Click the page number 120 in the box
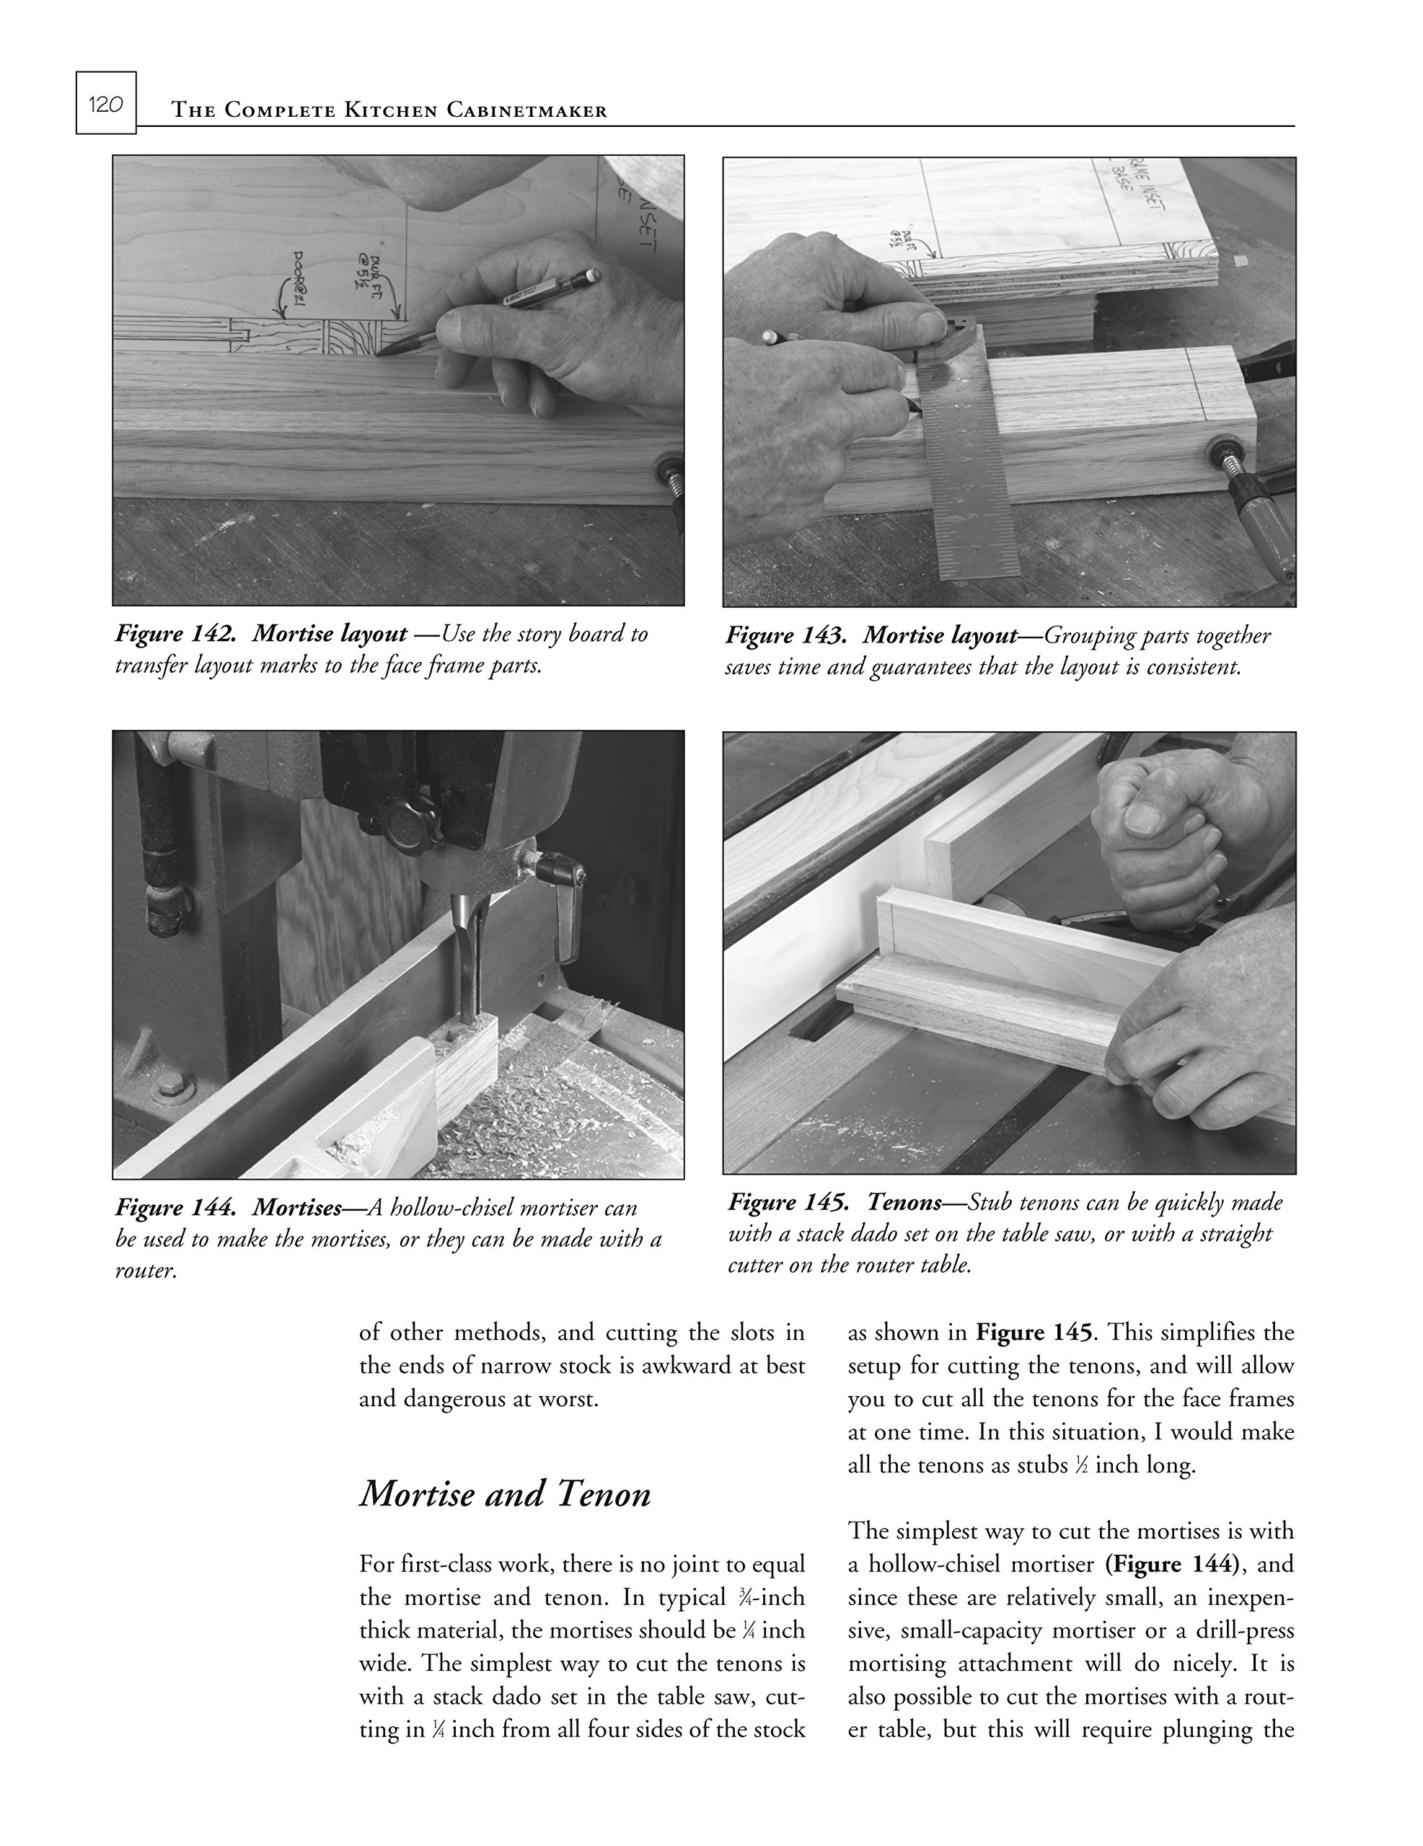click(106, 104)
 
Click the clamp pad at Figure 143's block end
click(1222, 448)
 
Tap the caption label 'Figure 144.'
click(176, 1207)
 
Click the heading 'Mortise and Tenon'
click(505, 1493)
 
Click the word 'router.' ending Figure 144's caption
click(146, 1271)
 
